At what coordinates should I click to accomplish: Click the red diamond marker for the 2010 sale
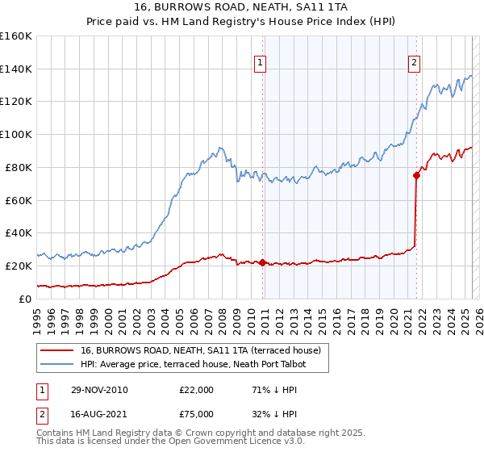coord(263,262)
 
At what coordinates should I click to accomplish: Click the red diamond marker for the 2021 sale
coord(416,174)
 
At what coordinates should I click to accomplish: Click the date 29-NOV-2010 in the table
coord(98,390)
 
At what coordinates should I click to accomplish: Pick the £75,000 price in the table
coord(196,413)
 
